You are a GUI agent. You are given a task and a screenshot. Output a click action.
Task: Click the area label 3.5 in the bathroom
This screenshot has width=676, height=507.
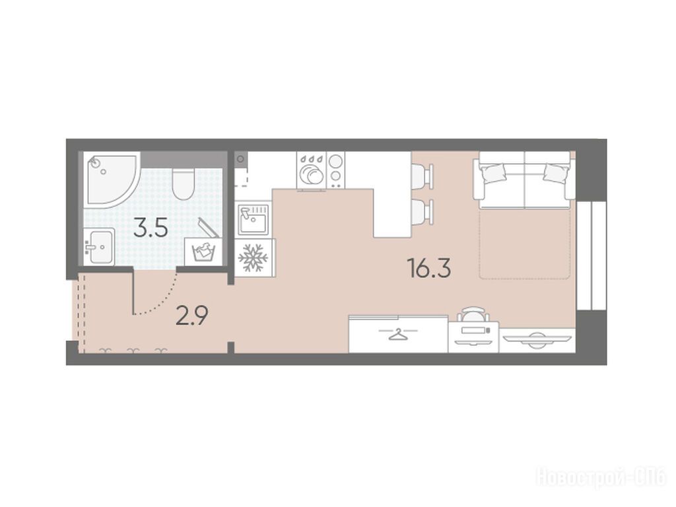[x=151, y=228]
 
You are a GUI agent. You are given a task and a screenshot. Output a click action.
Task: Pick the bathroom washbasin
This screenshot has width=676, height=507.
[x=99, y=246]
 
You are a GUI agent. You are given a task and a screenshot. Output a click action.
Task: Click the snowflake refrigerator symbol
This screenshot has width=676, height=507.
[x=253, y=258]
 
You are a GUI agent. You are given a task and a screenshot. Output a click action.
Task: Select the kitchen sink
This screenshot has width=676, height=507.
[x=253, y=219]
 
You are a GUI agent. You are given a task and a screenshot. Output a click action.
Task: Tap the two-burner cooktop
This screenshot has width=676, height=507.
[x=336, y=170]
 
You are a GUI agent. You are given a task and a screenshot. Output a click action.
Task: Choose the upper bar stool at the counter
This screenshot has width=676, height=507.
[x=422, y=176]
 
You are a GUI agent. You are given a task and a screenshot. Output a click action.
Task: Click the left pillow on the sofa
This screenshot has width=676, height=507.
[x=492, y=172]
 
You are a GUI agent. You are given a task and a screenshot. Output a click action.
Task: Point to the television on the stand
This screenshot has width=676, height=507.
[x=537, y=340]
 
